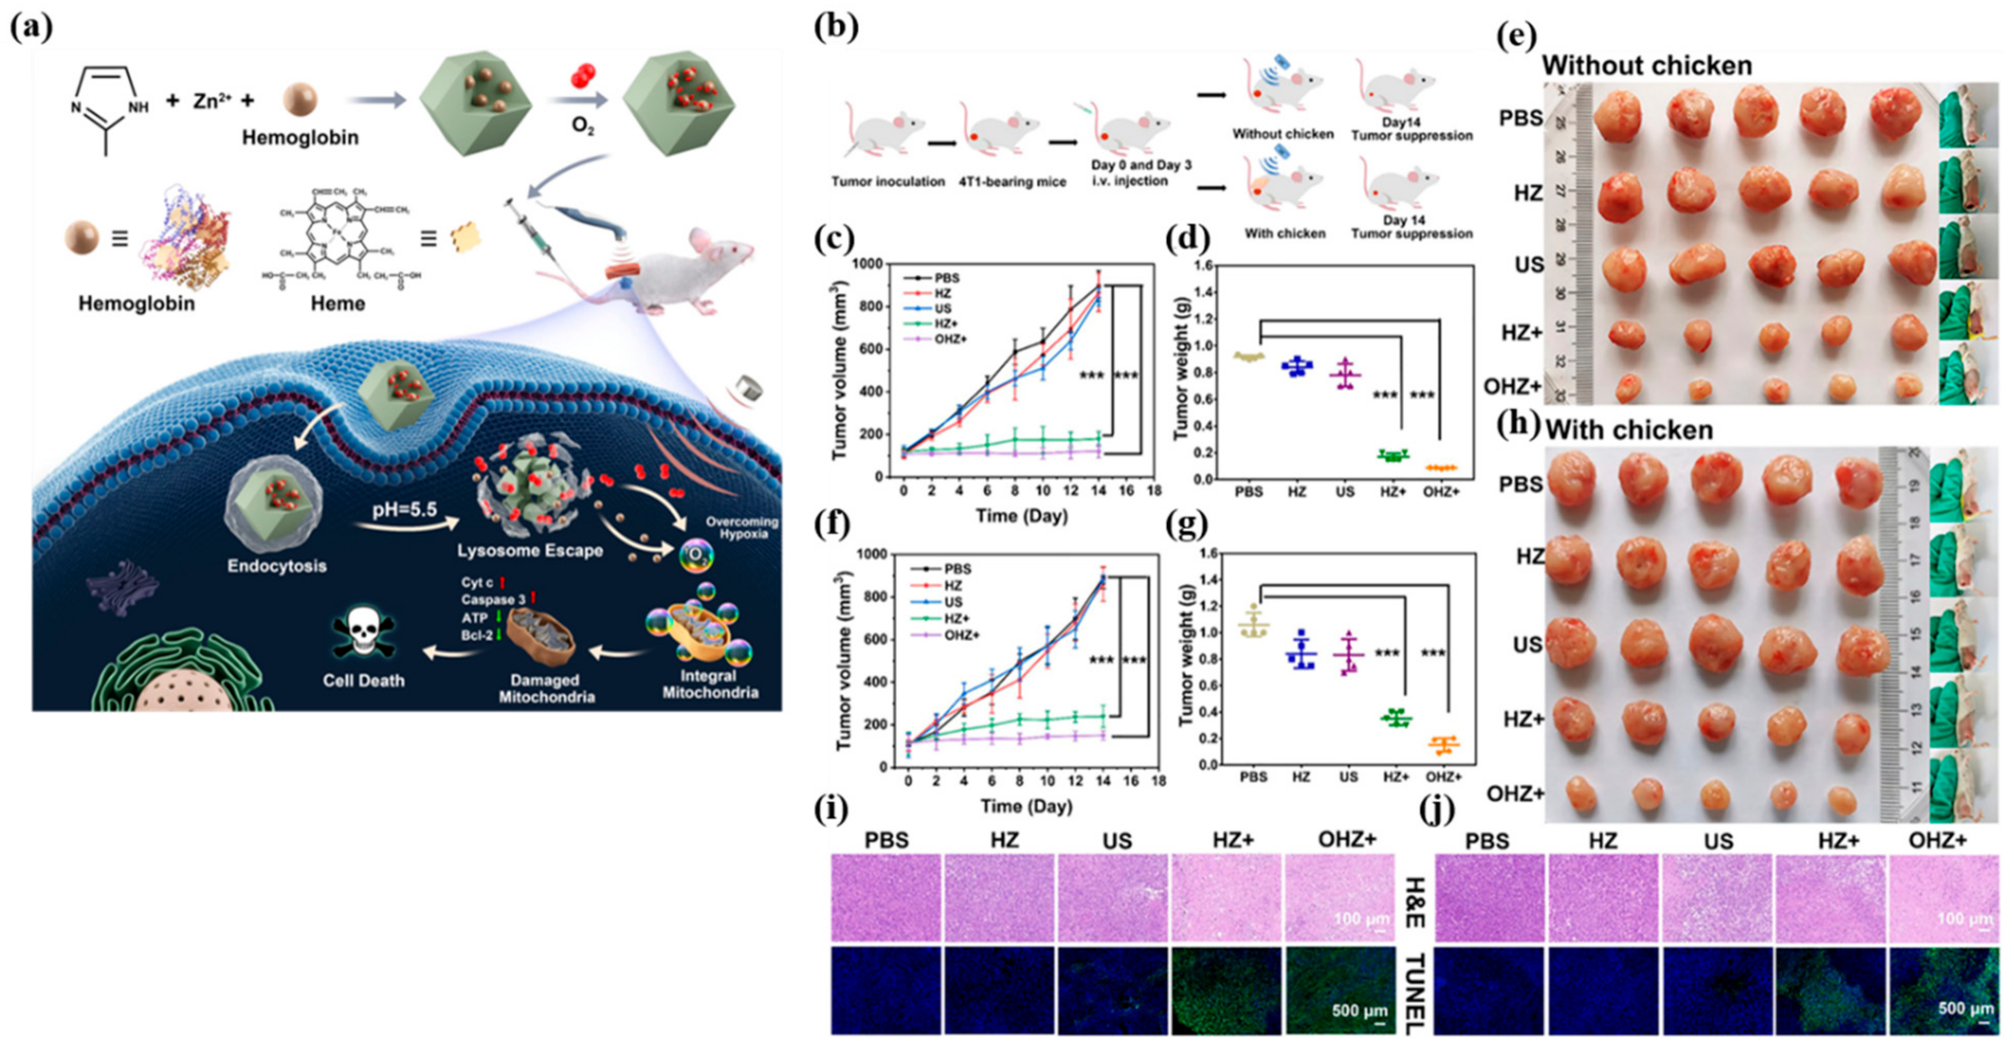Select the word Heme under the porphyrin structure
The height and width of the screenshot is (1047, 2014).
pyautogui.click(x=338, y=303)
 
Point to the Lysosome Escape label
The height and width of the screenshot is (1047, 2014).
pyautogui.click(x=530, y=550)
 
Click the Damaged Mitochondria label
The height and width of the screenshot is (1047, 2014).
pyautogui.click(x=546, y=688)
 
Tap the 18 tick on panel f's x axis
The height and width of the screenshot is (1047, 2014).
pyautogui.click(x=1159, y=781)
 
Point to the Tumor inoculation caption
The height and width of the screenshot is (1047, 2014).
pyautogui.click(x=887, y=181)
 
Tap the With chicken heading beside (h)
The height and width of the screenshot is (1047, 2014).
pyautogui.click(x=1629, y=430)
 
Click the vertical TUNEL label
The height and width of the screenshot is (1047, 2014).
pyautogui.click(x=1414, y=993)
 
